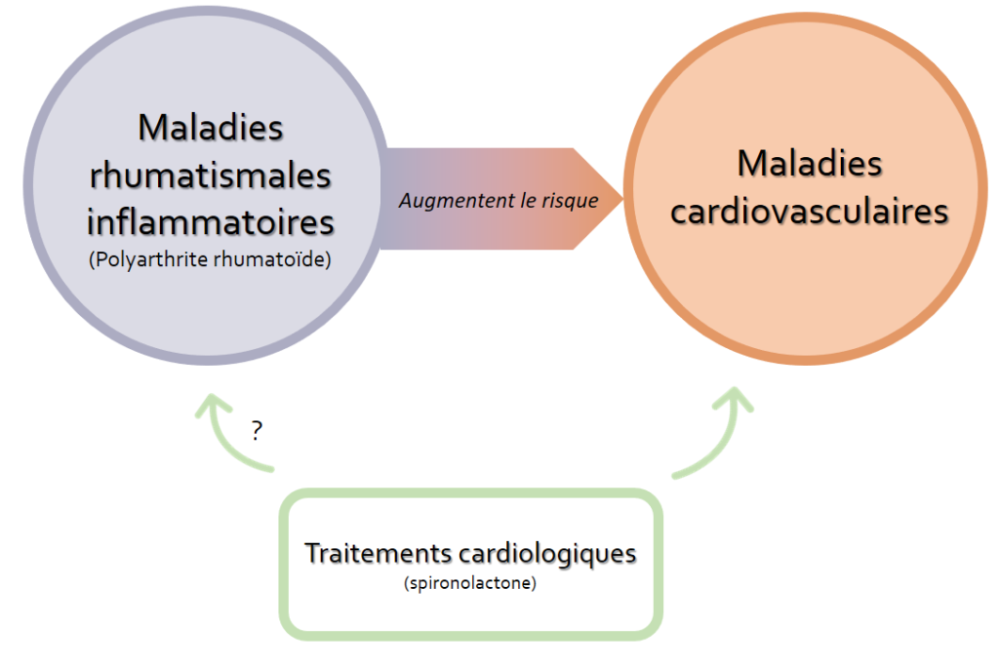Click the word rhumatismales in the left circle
211,176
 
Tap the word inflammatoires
211,221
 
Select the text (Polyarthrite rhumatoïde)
211,259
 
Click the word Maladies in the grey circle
211,128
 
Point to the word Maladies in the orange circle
810,163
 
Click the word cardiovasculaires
810,211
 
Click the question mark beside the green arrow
257,431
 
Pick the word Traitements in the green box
379,553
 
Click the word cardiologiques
547,554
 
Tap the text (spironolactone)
470,582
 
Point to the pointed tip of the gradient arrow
622,199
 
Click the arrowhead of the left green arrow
212,405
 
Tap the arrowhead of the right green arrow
734,399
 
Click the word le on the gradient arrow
528,201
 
